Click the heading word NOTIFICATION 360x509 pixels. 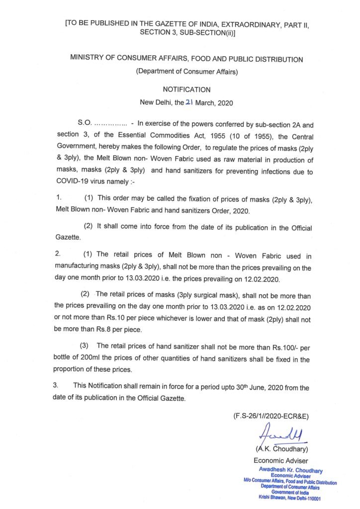point(186,89)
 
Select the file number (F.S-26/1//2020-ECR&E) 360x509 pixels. point(274,416)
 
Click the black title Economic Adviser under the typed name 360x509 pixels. point(281,461)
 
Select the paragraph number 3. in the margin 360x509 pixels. point(57,386)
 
